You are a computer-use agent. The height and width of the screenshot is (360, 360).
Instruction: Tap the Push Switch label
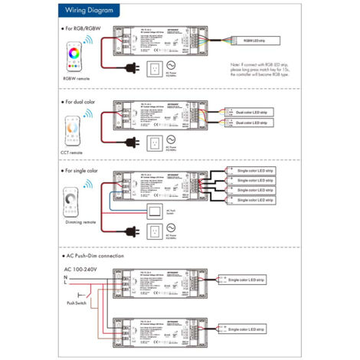(76, 303)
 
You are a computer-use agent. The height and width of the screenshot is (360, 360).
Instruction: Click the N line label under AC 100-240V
(66, 277)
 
